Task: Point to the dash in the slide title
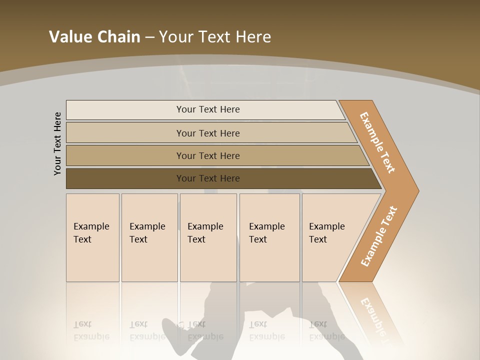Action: [149, 37]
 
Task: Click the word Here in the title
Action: [253, 37]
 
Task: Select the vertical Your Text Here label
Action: [57, 144]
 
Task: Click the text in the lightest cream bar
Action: [208, 109]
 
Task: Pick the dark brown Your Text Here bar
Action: [208, 178]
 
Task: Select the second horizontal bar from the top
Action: [208, 133]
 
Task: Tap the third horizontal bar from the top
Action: [208, 155]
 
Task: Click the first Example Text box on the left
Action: [92, 237]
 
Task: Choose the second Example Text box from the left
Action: [149, 237]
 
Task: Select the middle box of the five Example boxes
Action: [208, 237]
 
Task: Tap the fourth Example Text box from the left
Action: [269, 237]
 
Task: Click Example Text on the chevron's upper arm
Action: [377, 142]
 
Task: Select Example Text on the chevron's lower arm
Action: [378, 236]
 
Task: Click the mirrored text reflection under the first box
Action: [91, 331]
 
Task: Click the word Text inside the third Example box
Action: [196, 239]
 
